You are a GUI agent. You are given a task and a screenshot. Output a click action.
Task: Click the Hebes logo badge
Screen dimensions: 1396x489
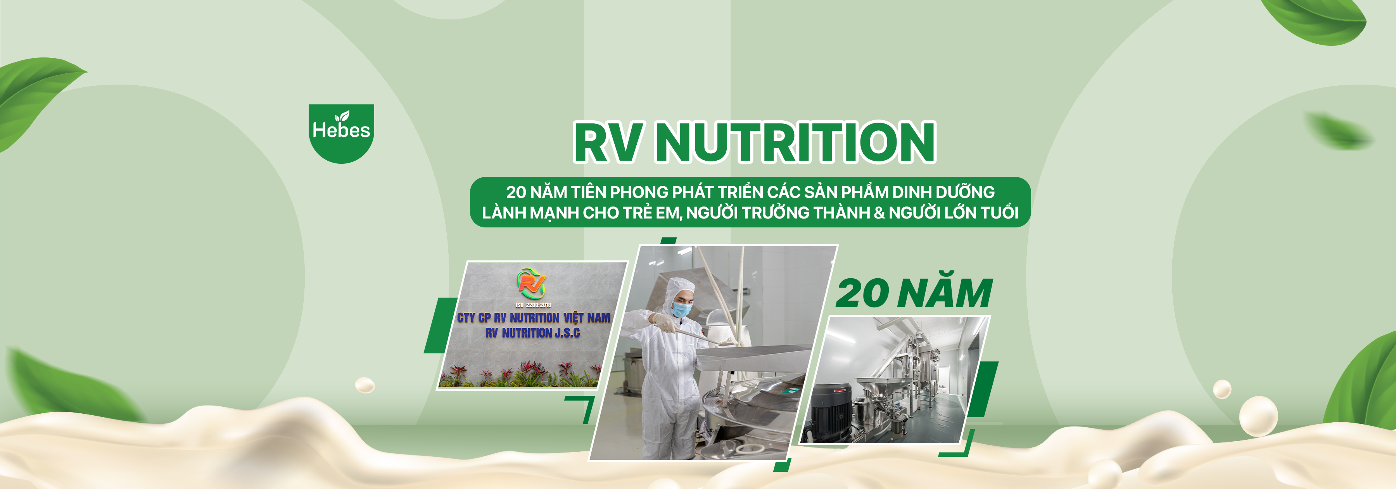(x=341, y=134)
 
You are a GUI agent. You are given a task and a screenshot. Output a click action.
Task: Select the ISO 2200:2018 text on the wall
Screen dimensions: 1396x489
(x=533, y=305)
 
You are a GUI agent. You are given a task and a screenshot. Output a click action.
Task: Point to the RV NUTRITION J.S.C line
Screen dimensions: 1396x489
(x=533, y=333)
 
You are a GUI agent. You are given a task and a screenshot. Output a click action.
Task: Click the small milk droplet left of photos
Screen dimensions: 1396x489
(x=365, y=385)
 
